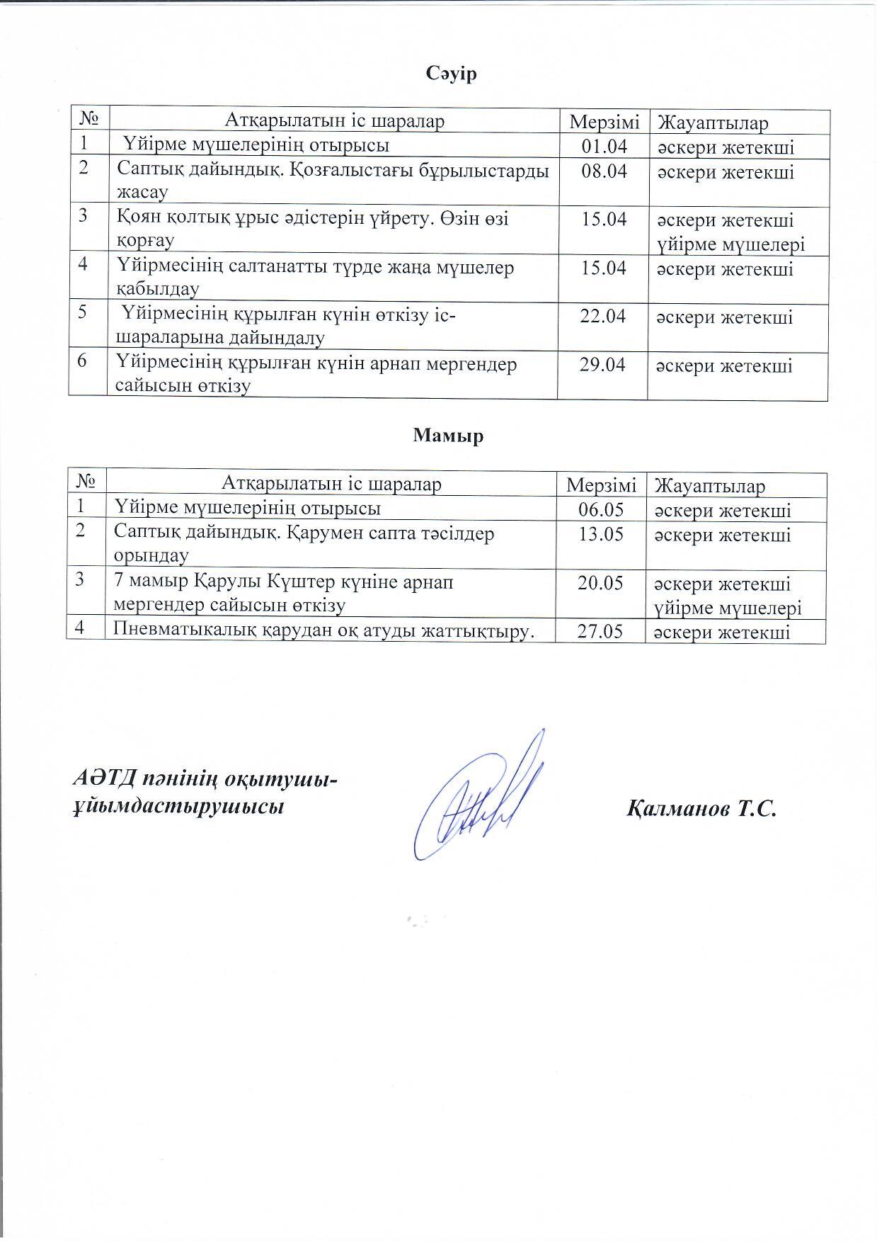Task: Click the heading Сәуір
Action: tap(452, 74)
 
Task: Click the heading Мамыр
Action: tap(448, 436)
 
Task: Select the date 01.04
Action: tap(603, 147)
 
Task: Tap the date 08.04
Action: tap(603, 171)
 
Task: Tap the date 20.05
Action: tap(600, 583)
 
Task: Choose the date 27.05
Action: tap(600, 631)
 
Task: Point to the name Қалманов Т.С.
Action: tap(701, 808)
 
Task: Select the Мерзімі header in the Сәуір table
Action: tap(604, 122)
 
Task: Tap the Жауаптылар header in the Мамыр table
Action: tap(710, 486)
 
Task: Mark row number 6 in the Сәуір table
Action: tap(84, 361)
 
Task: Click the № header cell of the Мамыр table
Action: tap(86, 484)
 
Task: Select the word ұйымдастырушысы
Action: tap(179, 807)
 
